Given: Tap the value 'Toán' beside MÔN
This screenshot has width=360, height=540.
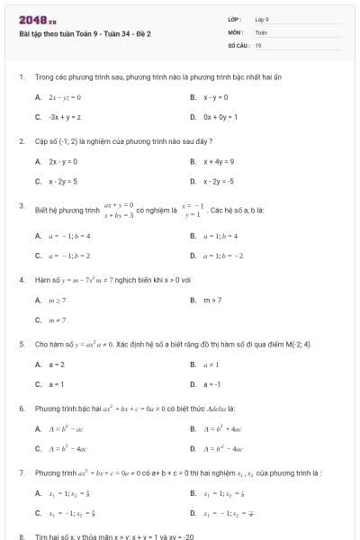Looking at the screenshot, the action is [261, 31].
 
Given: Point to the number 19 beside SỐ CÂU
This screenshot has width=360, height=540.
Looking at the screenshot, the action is [258, 44].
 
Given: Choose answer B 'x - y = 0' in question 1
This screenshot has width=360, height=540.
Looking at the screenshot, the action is [215, 97].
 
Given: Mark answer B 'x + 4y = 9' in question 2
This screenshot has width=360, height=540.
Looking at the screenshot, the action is [218, 161].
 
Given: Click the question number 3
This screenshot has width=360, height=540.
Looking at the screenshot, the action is [21, 206].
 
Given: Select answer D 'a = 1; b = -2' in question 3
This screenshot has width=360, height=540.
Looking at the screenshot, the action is [222, 255].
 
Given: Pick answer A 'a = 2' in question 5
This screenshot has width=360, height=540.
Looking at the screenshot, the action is [56, 364].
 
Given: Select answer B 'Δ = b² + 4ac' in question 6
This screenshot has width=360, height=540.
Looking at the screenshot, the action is [221, 428].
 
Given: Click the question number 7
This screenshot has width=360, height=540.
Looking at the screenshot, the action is [21, 472].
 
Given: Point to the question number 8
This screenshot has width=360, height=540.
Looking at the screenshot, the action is [21, 536].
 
